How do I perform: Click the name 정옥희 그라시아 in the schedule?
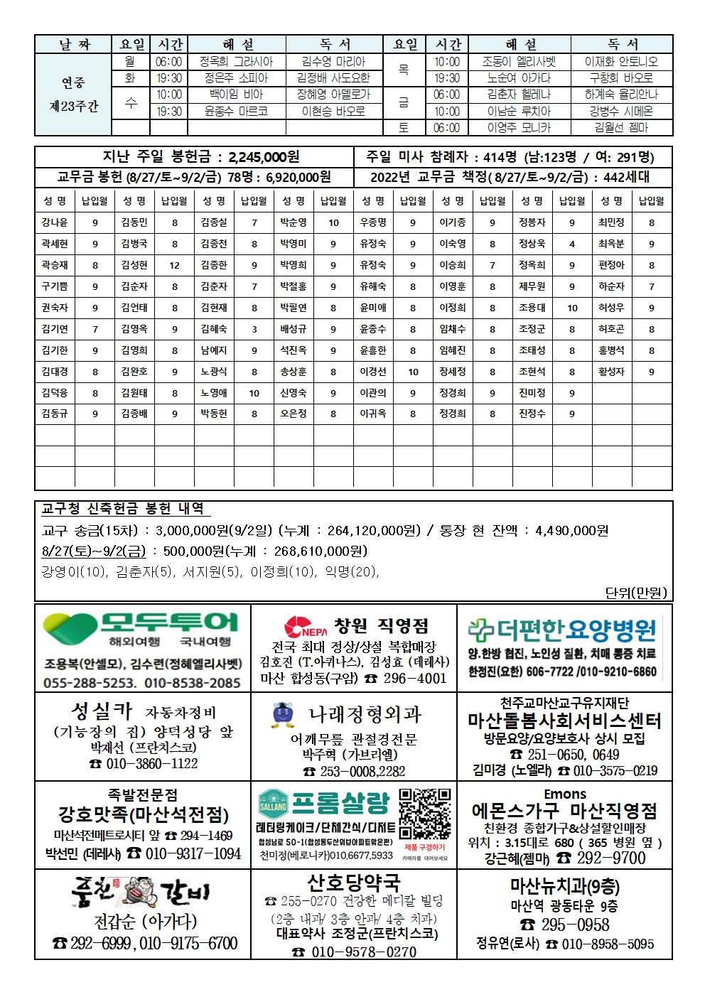(236, 62)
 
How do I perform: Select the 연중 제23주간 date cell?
(73, 95)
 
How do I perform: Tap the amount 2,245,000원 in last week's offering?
(264, 157)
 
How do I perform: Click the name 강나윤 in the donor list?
(55, 222)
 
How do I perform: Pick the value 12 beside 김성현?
(174, 265)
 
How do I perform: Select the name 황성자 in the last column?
(611, 372)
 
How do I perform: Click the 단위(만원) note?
(636, 592)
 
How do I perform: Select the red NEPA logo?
(305, 627)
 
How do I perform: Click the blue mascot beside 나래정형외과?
(282, 715)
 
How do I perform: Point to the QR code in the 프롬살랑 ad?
(424, 814)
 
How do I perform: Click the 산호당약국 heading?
(353, 883)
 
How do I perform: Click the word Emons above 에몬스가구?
(565, 794)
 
